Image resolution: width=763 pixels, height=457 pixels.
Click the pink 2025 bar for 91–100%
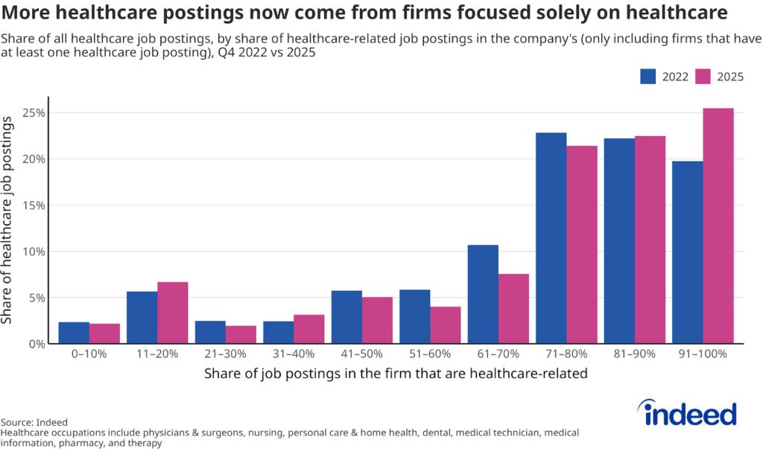click(718, 226)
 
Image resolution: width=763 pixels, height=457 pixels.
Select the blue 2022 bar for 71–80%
click(551, 238)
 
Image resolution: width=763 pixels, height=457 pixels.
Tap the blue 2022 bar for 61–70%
click(483, 294)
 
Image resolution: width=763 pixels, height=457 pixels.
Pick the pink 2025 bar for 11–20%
click(173, 313)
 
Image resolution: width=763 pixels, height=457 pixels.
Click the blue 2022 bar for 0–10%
click(74, 333)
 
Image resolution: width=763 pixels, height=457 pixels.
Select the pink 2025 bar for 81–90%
click(650, 240)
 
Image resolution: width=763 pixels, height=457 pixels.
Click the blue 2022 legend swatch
click(648, 77)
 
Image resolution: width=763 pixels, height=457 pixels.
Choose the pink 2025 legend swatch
click(703, 77)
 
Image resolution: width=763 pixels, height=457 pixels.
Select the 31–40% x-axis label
click(294, 354)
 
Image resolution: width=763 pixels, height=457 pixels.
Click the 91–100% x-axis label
click(703, 354)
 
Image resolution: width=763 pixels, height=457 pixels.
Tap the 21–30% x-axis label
click(225, 354)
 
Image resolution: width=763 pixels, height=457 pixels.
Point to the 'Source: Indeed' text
click(34, 422)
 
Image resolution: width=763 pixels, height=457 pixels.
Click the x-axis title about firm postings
click(396, 374)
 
